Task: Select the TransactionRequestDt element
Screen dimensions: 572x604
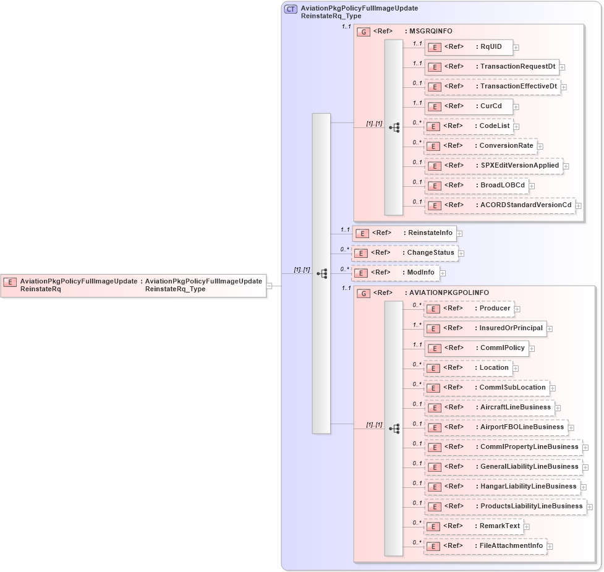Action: point(491,67)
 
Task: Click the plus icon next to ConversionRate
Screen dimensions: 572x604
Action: point(540,147)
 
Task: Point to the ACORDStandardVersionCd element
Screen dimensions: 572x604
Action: point(500,205)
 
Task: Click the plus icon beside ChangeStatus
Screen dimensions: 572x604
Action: point(461,254)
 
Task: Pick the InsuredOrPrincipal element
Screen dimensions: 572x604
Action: point(485,328)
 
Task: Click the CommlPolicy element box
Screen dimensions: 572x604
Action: point(476,348)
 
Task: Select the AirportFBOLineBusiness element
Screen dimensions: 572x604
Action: point(496,427)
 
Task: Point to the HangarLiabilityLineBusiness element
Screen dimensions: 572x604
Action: point(502,487)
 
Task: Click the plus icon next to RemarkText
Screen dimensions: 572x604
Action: point(527,527)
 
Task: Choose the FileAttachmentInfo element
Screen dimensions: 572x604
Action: point(485,546)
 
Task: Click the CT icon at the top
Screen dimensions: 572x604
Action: point(291,9)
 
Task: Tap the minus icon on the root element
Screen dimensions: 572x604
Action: point(269,286)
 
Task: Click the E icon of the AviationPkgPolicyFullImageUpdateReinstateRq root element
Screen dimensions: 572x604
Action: point(10,282)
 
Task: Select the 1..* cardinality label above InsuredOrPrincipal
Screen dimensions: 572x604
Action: point(417,325)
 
